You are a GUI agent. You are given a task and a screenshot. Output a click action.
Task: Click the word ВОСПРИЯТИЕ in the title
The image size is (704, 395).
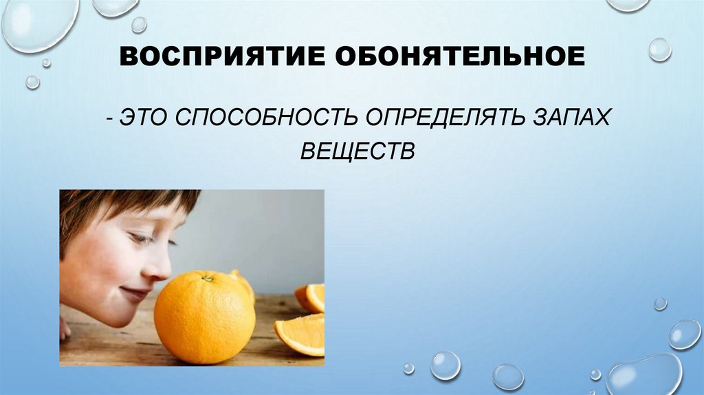point(221,56)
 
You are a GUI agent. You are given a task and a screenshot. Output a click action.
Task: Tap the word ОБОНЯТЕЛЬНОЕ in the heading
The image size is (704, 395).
point(460,56)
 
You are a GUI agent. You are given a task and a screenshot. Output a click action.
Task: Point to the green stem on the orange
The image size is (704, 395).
point(206,279)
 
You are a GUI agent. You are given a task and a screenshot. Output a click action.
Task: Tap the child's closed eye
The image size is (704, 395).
point(141,238)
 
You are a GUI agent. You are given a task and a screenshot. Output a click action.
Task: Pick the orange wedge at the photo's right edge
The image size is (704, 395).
point(311,297)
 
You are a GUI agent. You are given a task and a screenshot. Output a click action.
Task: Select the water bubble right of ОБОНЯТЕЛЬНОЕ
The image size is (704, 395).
point(659,50)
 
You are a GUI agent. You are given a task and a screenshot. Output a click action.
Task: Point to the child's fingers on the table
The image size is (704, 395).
point(65,329)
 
